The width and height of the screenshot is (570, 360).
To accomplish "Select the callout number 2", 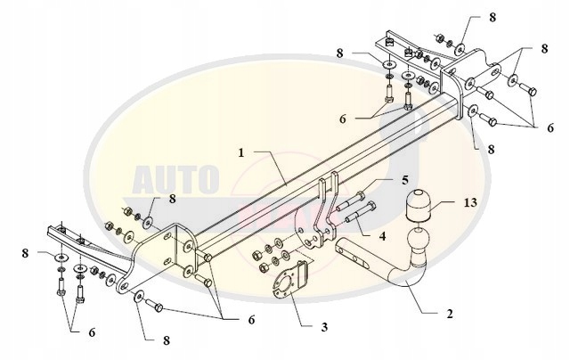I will click(449, 314).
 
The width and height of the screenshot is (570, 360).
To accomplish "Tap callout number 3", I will click(322, 328).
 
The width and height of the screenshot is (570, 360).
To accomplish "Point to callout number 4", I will click(383, 236).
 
